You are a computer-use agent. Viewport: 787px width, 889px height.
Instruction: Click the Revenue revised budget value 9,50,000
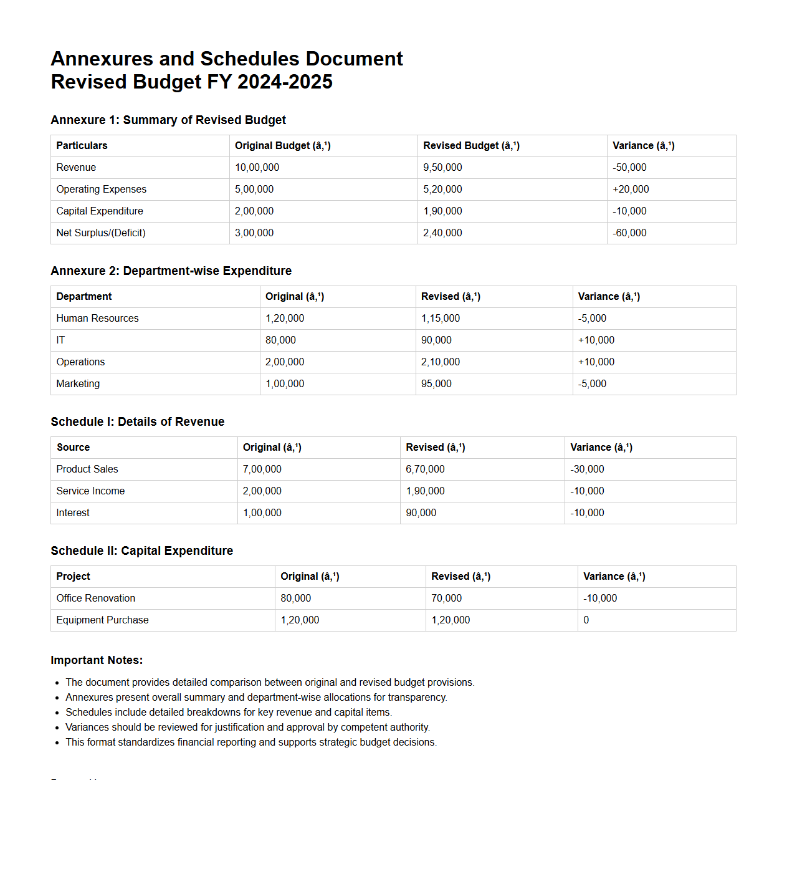(442, 168)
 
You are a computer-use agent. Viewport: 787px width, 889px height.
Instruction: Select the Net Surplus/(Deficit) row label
(101, 233)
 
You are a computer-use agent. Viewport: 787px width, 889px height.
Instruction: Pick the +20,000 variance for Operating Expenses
(631, 190)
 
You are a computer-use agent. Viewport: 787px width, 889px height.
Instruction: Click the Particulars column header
(82, 146)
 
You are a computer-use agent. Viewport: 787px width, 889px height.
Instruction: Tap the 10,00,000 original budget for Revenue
(257, 168)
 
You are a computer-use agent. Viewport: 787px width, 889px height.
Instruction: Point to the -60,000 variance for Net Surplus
(629, 233)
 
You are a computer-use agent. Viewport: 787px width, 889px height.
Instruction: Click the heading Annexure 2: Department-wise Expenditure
(171, 271)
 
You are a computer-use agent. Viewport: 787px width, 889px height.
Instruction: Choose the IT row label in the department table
(60, 340)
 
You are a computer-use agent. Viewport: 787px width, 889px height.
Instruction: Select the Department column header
(84, 297)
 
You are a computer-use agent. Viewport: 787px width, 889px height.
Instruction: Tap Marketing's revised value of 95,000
(436, 384)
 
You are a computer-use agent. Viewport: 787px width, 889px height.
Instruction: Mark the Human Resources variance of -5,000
(592, 319)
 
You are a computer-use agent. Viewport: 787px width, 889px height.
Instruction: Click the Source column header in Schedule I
(73, 448)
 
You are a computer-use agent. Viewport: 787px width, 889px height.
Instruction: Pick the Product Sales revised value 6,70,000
(425, 469)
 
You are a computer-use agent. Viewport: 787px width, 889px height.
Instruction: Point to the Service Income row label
(90, 491)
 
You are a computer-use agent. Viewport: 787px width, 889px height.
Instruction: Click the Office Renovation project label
(95, 598)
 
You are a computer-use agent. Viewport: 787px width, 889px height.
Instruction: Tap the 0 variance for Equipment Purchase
(586, 620)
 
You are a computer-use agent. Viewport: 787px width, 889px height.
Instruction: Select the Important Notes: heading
(97, 660)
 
